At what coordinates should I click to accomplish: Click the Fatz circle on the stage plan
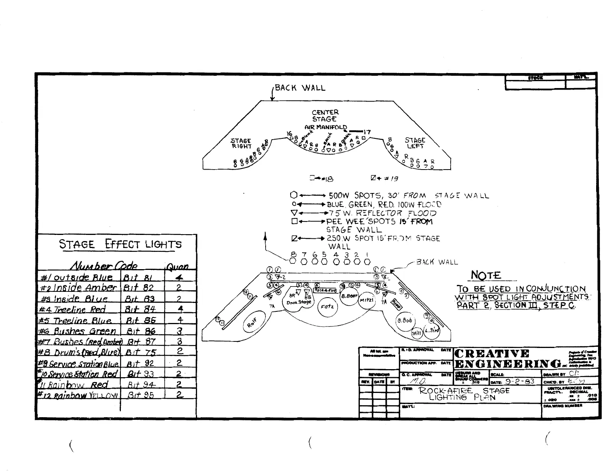328,307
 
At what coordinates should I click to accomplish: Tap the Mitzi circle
367,301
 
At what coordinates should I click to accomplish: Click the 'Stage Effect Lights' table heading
120,244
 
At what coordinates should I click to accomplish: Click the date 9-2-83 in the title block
519,382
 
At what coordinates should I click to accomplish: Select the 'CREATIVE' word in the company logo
491,354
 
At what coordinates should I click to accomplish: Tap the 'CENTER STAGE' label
325,116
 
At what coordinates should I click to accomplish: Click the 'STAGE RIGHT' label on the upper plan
241,143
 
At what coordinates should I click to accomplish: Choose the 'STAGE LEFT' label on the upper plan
415,143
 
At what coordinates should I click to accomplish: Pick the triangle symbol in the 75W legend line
294,213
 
